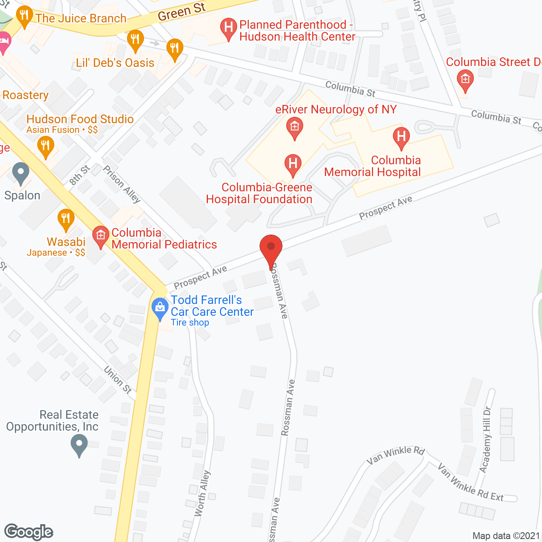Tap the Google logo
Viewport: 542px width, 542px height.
click(29, 532)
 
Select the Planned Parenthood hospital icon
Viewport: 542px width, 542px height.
click(229, 28)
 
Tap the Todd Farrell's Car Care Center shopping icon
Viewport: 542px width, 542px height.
click(160, 308)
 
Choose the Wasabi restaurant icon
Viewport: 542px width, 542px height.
click(66, 219)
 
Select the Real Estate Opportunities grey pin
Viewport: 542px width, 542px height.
click(79, 445)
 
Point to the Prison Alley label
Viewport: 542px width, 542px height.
click(122, 184)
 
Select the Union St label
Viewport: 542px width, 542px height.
click(118, 380)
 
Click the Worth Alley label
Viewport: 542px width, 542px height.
click(202, 493)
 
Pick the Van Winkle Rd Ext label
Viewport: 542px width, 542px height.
click(470, 483)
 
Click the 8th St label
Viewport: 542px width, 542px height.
click(79, 175)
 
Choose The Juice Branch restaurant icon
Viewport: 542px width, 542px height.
click(24, 17)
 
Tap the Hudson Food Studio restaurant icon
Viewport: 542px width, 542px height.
click(46, 147)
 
